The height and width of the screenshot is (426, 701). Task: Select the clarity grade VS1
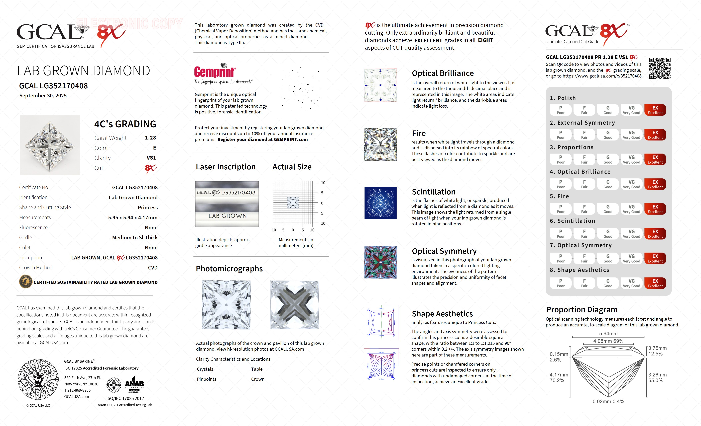pos(151,158)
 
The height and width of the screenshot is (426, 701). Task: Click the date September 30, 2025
pos(43,96)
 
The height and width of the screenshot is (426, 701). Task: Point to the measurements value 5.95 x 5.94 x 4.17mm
pos(133,218)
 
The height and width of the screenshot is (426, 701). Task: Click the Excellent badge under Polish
pos(655,110)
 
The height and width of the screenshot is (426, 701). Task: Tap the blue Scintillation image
pos(380,203)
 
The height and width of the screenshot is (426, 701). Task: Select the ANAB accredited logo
pos(134,385)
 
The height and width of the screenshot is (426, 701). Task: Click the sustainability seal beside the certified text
pos(26,282)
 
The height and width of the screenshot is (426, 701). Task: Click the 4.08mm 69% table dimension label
pos(608,341)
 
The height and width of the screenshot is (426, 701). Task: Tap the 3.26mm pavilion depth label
pos(657,375)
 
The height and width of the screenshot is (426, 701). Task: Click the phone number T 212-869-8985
pos(77,390)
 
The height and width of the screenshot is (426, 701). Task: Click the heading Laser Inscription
pos(226,167)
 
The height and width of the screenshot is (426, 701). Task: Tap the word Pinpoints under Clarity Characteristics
pos(207,379)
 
